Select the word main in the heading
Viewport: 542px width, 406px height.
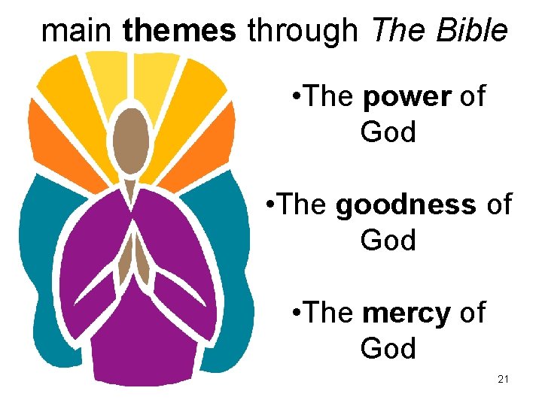78,31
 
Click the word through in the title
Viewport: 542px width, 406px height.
303,31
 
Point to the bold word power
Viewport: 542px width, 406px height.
406,97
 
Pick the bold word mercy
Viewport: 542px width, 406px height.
406,313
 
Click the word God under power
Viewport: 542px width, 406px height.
388,132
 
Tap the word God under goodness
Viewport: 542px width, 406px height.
388,241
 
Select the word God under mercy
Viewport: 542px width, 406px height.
388,349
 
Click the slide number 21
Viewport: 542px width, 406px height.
504,379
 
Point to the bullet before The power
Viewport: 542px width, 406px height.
296,97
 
